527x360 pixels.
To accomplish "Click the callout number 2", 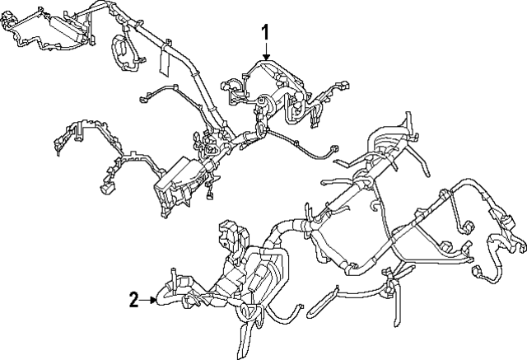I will point(133,300).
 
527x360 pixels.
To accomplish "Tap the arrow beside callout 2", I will point(152,300).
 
